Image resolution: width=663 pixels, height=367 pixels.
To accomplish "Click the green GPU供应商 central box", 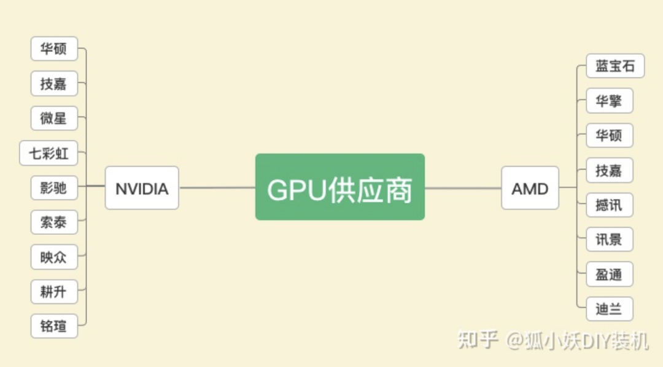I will [x=339, y=187].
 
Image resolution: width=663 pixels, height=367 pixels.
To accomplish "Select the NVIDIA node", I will [x=142, y=188].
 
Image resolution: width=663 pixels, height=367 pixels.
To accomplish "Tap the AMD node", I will [x=530, y=188].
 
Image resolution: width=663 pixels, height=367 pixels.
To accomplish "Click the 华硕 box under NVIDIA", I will [x=54, y=49].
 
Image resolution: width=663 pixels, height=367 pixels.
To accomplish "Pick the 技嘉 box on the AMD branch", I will [x=609, y=170].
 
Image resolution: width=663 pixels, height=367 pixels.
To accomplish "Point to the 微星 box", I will [x=54, y=118].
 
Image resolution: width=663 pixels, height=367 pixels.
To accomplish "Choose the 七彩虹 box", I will [x=49, y=153].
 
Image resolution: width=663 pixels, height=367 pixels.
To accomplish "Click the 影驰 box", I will [x=54, y=188].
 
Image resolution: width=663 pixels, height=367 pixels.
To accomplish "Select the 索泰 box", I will [x=54, y=222].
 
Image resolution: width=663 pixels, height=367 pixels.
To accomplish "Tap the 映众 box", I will [x=54, y=257].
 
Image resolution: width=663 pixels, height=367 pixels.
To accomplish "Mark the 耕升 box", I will [x=54, y=291].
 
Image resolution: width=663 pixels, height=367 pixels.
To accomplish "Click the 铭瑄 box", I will [x=54, y=326].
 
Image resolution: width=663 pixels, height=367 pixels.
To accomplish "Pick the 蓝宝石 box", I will [x=615, y=66].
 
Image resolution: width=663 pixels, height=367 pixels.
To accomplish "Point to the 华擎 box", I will [x=609, y=101].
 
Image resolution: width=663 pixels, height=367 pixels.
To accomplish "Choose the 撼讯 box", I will [x=609, y=205].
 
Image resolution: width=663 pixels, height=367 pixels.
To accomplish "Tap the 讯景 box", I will [x=609, y=239].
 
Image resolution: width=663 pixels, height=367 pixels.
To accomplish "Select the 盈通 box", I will [x=609, y=274].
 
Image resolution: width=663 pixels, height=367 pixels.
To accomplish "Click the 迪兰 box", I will [x=609, y=309].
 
